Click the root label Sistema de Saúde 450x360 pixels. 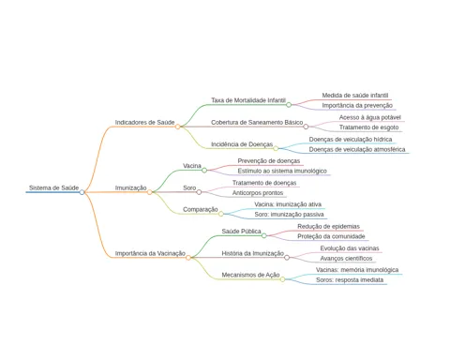pos(53,187)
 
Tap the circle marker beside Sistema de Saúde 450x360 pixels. pos(82,192)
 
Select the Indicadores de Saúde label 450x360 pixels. pos(144,122)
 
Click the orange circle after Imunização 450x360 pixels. pos(150,192)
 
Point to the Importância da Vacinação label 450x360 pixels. pos(150,253)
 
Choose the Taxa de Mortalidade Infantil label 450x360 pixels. pos(248,100)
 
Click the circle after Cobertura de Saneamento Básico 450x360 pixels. pos(306,127)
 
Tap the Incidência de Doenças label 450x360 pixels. pos(242,144)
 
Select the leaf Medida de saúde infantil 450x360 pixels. pos(355,96)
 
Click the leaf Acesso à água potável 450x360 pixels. pos(370,117)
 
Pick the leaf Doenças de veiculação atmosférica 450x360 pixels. pos(357,149)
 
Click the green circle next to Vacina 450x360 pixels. pos(204,171)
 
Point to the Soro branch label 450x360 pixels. pos(189,187)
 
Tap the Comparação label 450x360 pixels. pos(201,209)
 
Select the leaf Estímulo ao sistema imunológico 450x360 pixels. pos(282,171)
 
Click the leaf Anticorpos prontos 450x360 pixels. pos(258,193)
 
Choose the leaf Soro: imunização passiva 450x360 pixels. pos(289,215)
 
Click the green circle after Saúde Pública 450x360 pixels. pos(264,235)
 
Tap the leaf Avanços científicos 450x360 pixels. pos(346,259)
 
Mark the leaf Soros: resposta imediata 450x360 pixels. pos(350,280)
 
